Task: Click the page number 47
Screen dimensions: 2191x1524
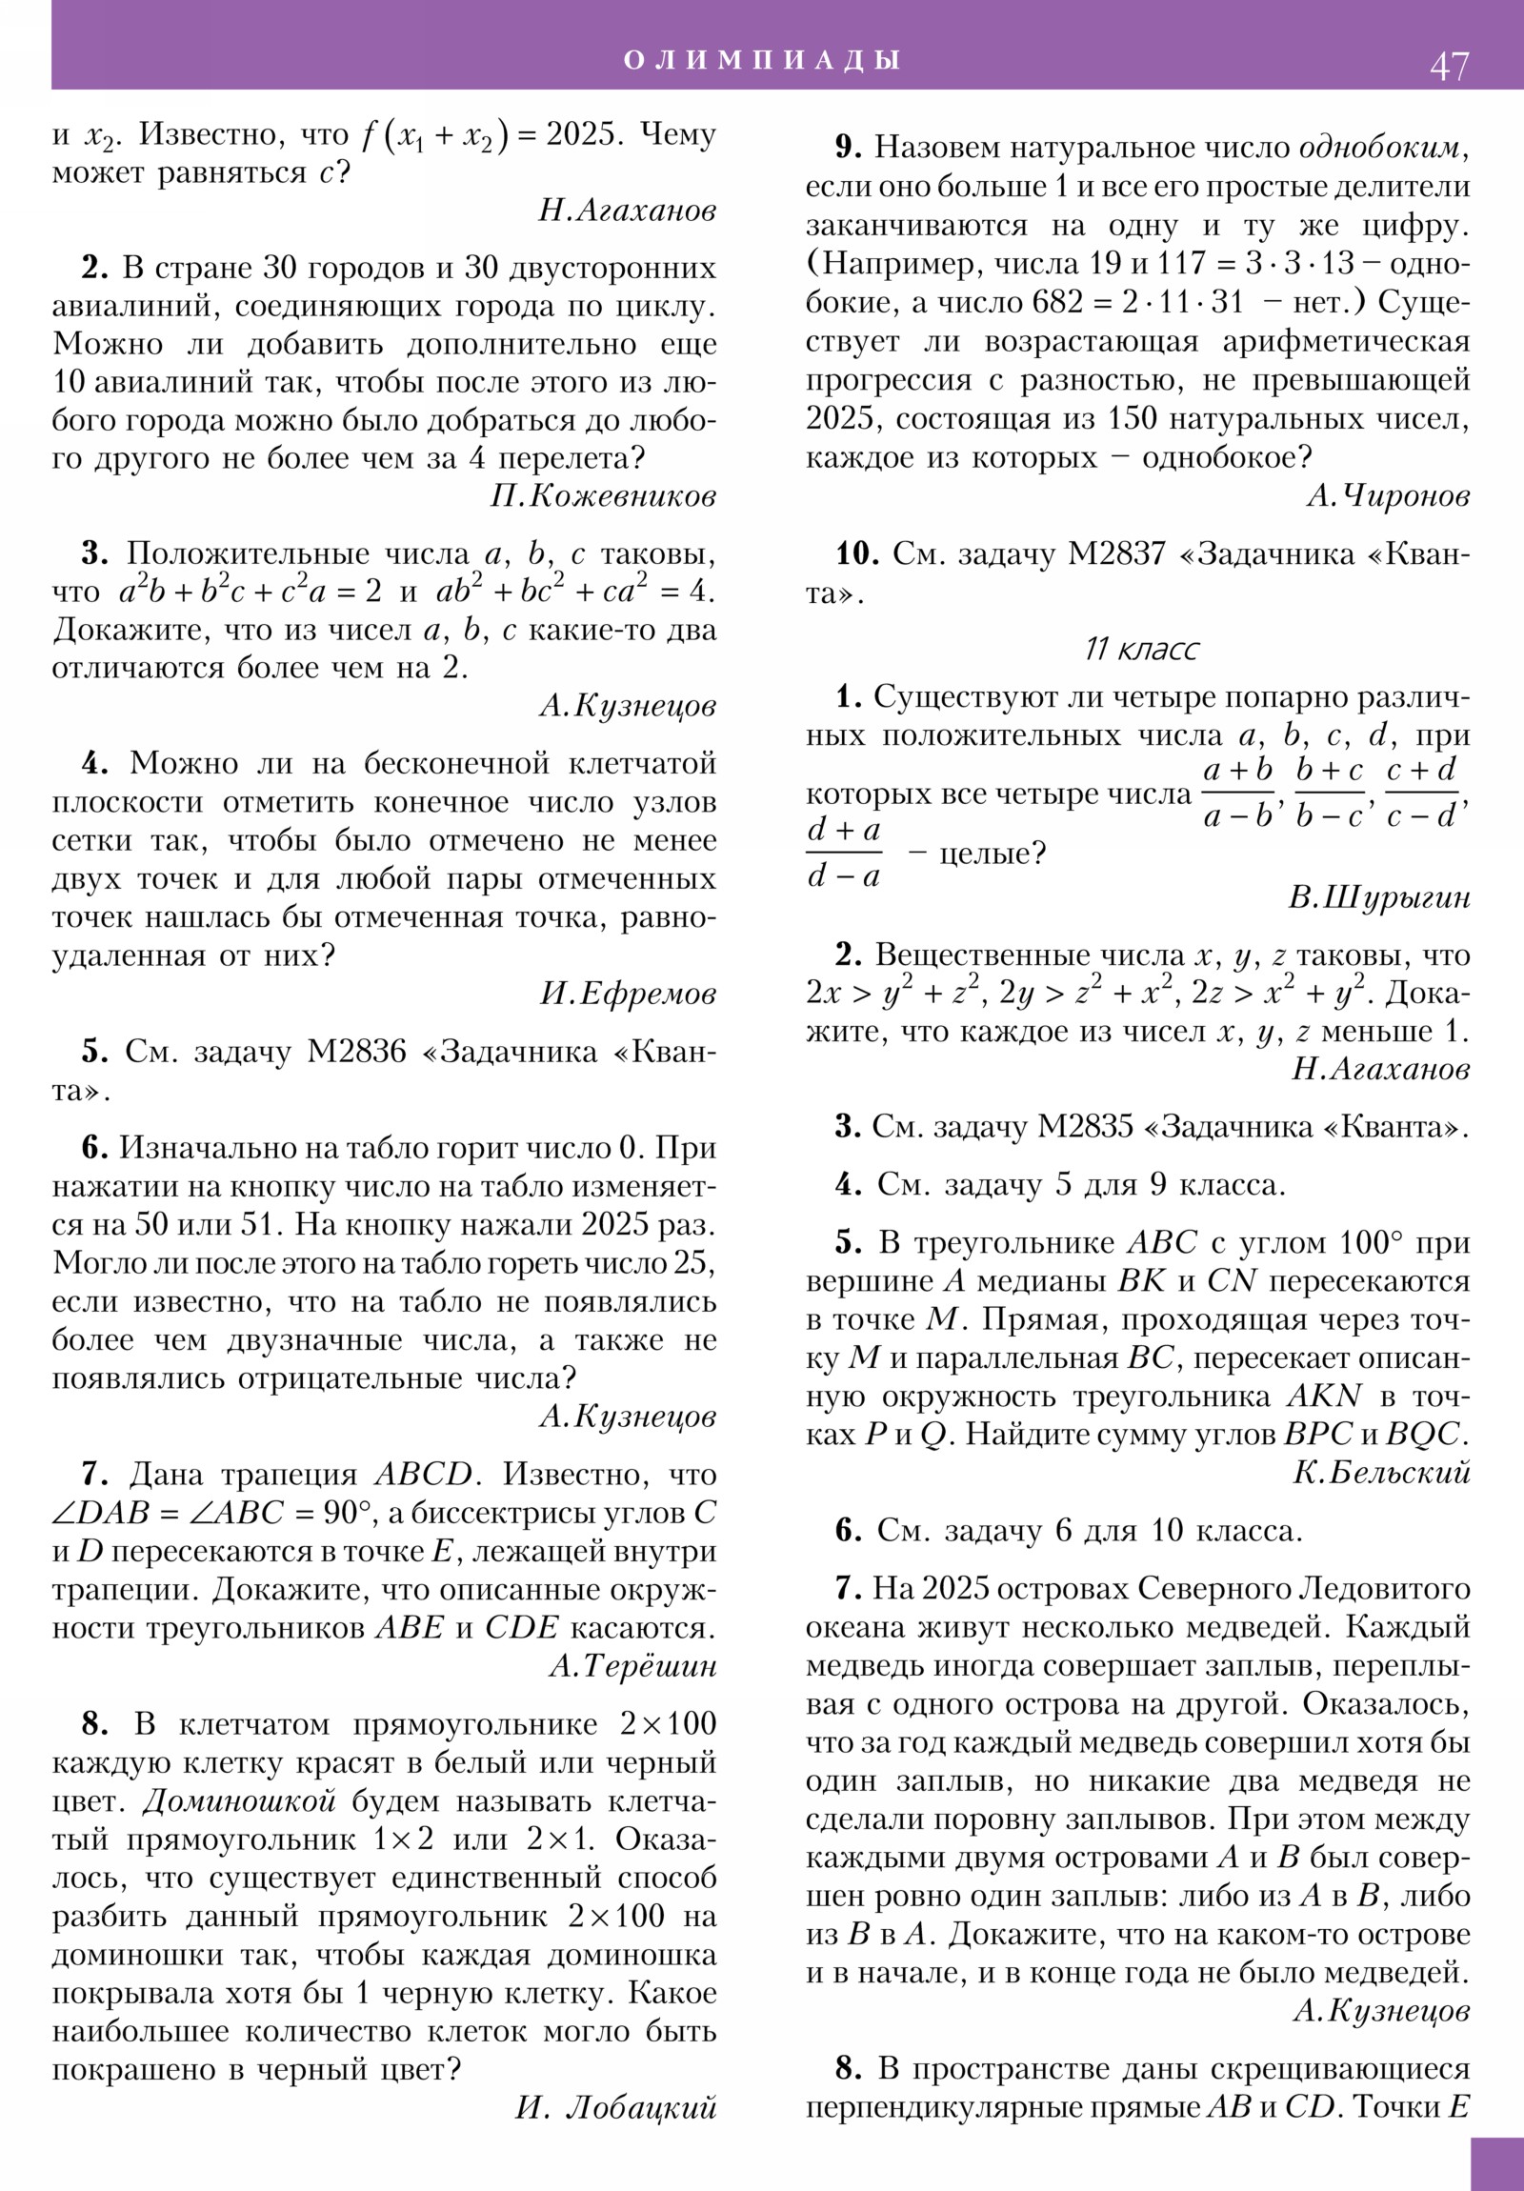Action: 1449,67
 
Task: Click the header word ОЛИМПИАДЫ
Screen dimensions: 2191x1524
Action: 761,60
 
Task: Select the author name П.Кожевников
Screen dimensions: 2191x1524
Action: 603,496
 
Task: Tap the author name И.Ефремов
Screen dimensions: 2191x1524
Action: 628,995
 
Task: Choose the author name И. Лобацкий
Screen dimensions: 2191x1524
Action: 616,2106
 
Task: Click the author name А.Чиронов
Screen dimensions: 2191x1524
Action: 1389,495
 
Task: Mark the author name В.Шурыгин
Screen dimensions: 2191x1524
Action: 1379,898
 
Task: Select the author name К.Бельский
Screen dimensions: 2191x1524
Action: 1381,1474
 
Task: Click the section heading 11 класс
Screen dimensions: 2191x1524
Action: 1141,650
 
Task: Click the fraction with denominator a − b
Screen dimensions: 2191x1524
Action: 1238,794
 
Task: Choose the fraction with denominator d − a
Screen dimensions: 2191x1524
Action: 844,854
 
